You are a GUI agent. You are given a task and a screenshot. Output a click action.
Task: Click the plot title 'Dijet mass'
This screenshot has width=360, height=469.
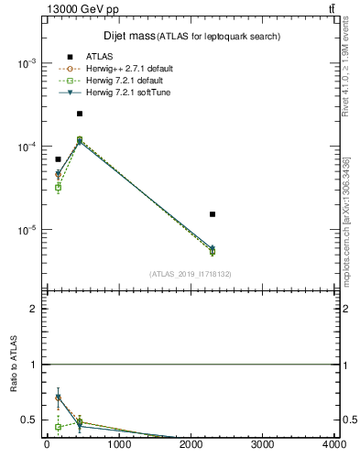128,36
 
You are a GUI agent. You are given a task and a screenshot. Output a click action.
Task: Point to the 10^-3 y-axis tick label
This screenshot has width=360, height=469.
27,63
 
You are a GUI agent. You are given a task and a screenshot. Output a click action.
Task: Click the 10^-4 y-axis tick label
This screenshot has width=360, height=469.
27,147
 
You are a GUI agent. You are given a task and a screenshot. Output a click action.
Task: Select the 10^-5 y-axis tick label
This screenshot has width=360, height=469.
27,230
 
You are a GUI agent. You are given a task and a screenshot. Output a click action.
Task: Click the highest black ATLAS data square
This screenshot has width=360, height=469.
80,114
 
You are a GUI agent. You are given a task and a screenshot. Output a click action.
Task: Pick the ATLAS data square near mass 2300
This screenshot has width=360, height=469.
213,214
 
